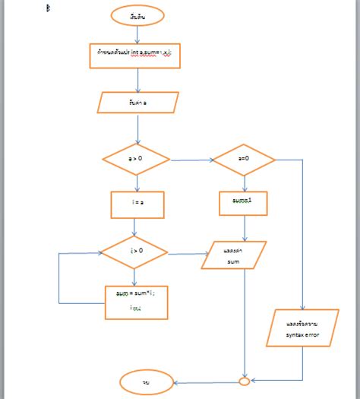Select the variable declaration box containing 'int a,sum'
(x=135, y=55)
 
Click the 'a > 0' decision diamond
(x=136, y=160)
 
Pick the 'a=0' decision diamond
(x=244, y=160)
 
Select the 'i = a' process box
(x=137, y=204)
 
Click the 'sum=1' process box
(x=244, y=203)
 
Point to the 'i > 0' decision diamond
(x=136, y=252)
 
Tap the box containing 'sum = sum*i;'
(x=137, y=301)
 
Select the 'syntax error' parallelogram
(x=302, y=330)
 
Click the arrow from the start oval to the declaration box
(x=137, y=33)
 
